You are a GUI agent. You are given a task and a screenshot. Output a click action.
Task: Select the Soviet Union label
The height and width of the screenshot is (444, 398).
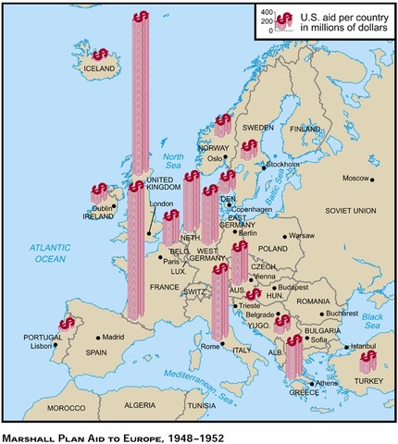pos(348,211)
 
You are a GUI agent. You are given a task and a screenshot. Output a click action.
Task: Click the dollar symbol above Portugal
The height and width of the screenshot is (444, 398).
pos(67,324)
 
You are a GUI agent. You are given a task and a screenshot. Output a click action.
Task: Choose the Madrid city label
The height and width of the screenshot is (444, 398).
pos(112,337)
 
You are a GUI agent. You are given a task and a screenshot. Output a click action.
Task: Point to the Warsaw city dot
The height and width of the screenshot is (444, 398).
pos(285,236)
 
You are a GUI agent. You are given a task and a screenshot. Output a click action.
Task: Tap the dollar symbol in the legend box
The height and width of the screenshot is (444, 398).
pos(286,19)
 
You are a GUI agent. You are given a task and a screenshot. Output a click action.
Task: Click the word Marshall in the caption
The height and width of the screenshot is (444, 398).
pos(38,432)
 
